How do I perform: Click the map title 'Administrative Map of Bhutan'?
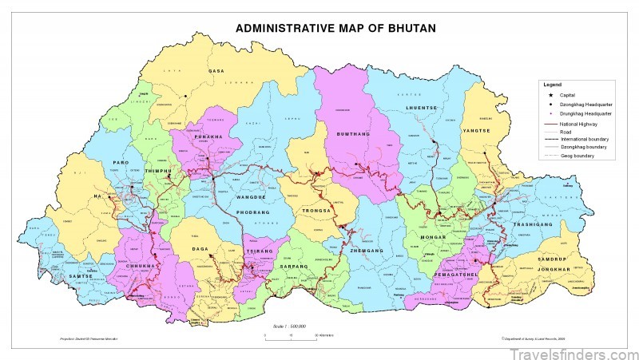[335, 28]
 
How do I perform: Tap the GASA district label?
[216, 71]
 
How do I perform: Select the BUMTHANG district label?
[352, 133]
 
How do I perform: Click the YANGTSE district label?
[477, 130]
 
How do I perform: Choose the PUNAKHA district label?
[205, 136]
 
